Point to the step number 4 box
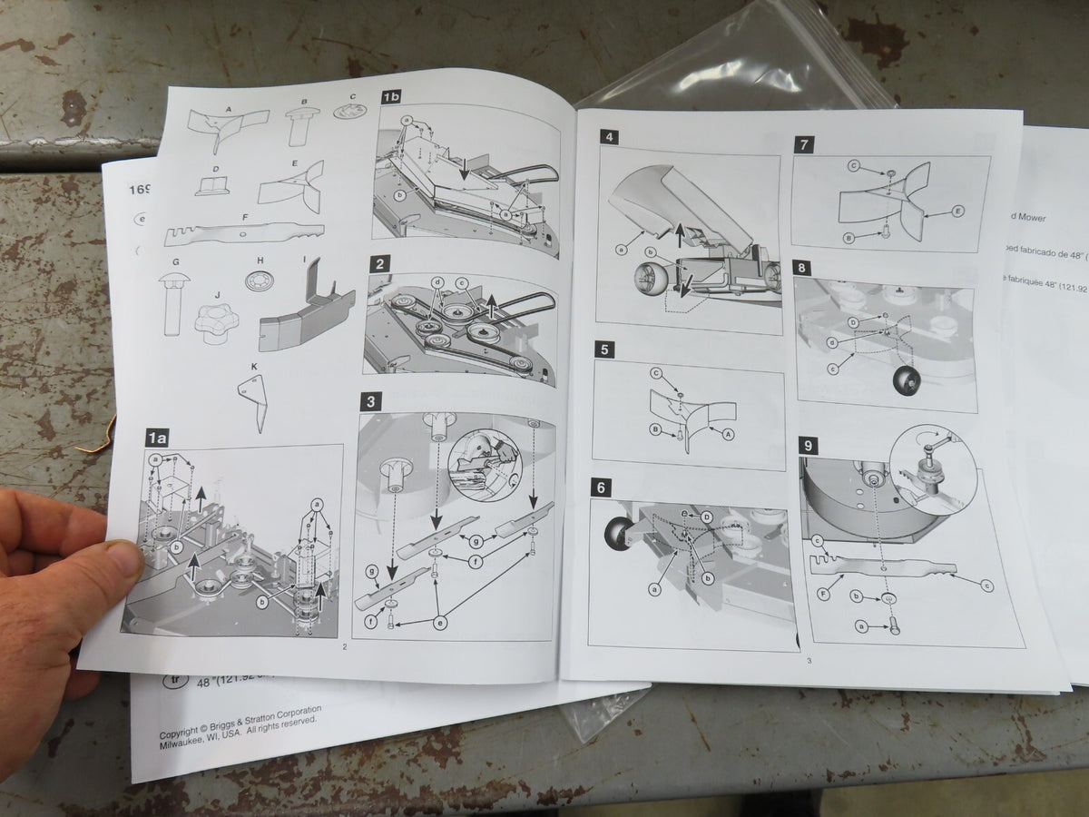[x=610, y=138]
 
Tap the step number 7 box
[x=804, y=144]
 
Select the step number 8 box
[x=804, y=268]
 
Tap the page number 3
[x=808, y=660]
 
